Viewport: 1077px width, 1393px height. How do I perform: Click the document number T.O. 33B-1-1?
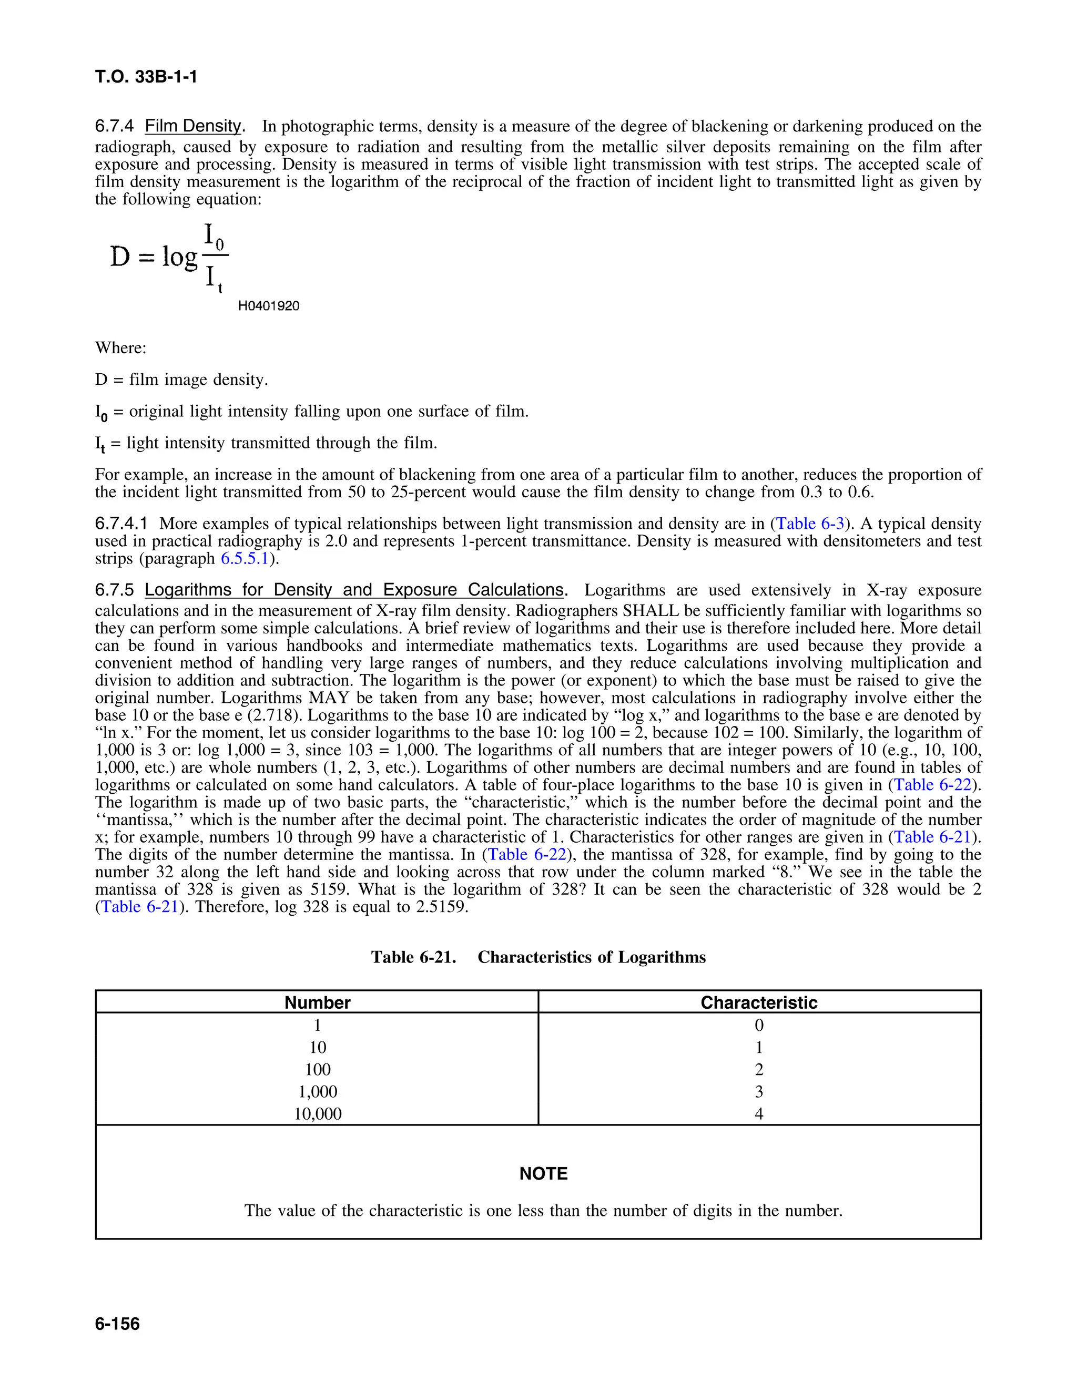(x=146, y=77)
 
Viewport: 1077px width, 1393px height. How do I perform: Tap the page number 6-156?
(x=117, y=1324)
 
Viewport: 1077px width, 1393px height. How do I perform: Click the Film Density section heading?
(x=194, y=126)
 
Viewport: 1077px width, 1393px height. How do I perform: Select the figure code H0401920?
(x=269, y=306)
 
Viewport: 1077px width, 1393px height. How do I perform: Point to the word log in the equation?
(x=180, y=257)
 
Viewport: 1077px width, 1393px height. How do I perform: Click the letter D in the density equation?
(x=120, y=257)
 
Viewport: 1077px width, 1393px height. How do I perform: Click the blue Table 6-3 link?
(x=810, y=524)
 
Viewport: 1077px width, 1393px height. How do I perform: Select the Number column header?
(x=317, y=1002)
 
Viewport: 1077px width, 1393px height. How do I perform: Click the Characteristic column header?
(x=759, y=1002)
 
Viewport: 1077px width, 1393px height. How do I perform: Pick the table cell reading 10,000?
(x=317, y=1114)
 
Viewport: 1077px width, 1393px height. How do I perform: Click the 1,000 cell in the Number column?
(x=317, y=1091)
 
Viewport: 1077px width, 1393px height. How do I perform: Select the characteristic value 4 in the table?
(x=759, y=1114)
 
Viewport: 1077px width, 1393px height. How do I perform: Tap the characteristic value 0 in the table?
(x=759, y=1025)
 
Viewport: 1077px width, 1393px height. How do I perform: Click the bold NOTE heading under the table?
(x=543, y=1174)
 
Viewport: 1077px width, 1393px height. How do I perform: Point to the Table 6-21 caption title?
(x=538, y=957)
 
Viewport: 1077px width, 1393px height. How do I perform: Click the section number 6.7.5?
(x=115, y=590)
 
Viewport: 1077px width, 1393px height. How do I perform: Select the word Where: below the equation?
(x=120, y=348)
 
